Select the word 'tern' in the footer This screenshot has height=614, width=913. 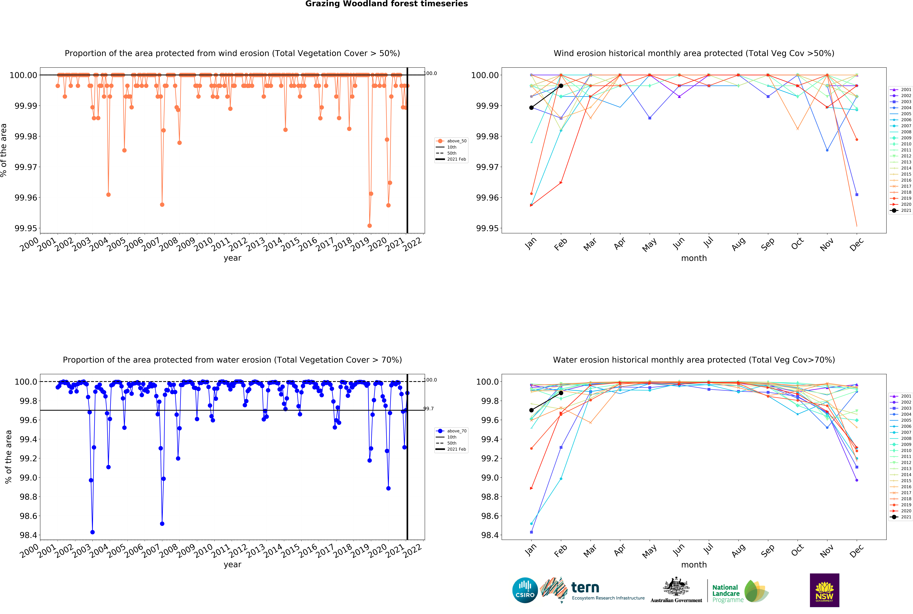click(x=585, y=587)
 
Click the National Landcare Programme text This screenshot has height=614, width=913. click(x=727, y=593)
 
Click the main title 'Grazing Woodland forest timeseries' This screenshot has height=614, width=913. click(x=386, y=4)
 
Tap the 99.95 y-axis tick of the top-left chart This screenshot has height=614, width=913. click(x=26, y=228)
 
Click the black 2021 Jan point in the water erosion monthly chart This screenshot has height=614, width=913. click(x=531, y=410)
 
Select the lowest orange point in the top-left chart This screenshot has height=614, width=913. click(x=369, y=226)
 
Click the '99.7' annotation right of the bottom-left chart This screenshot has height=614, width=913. click(x=429, y=408)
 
